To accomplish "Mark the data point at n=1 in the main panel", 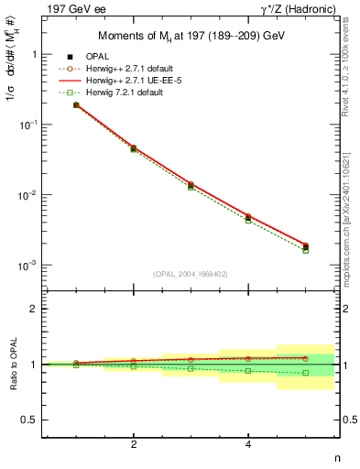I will pyautogui.click(x=76, y=105).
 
